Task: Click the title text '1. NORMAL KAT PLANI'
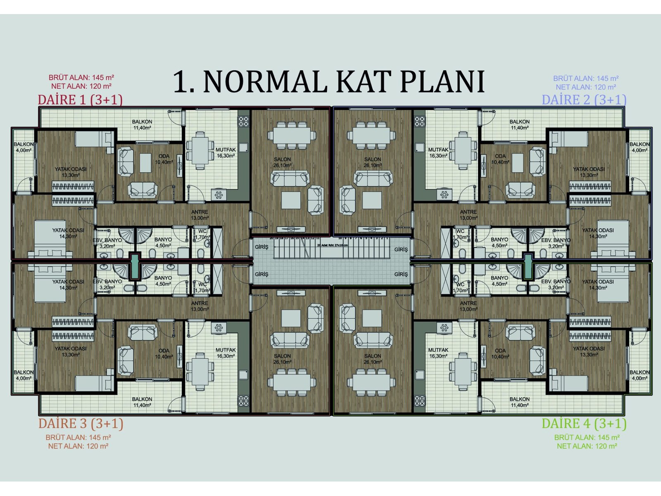click(328, 81)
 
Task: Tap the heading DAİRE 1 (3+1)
click(80, 100)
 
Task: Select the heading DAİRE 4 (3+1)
click(584, 424)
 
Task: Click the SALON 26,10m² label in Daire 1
click(283, 162)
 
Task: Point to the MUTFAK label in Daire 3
click(226, 353)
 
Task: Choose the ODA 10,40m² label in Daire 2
click(500, 159)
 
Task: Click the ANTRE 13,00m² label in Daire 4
click(468, 306)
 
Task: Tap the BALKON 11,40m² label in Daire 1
click(142, 124)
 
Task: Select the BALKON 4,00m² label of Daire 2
click(639, 147)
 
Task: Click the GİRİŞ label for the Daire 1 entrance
click(262, 247)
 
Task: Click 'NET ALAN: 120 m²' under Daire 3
click(78, 446)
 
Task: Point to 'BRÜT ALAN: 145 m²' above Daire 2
click(585, 78)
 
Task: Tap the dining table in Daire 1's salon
click(292, 135)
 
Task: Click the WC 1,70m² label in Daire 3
click(202, 287)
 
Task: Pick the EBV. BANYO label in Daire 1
click(107, 243)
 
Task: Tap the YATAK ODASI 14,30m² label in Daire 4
click(598, 284)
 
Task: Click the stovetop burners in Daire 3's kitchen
click(243, 401)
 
